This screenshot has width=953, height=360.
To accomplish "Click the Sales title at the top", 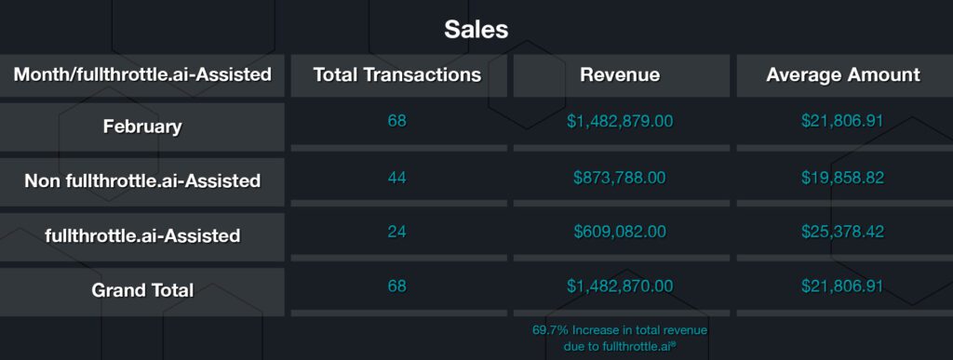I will coord(476,29).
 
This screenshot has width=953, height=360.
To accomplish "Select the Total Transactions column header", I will coord(397,74).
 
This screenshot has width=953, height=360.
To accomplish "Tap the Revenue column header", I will coord(619,74).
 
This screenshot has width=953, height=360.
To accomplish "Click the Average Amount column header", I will coord(842,74).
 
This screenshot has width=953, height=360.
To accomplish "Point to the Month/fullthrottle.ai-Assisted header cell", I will coord(142,74).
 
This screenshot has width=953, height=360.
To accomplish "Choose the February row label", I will coord(142,127).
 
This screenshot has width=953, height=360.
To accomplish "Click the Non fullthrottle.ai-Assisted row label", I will coord(142,180).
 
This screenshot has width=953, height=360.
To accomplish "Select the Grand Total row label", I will coord(142,289).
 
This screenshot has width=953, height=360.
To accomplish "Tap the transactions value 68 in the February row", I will coord(397,121).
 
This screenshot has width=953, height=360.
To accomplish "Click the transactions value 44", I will coord(397,177).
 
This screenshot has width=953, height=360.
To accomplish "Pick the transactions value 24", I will coord(397,232).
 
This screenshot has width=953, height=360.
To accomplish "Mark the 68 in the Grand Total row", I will coord(397,286).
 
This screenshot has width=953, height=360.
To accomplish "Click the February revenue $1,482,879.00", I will coord(619,121).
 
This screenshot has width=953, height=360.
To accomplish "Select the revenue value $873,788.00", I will coord(619,177).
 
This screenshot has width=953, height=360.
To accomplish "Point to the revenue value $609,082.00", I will coord(619,232).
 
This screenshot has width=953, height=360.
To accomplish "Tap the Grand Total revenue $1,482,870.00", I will coord(619,286).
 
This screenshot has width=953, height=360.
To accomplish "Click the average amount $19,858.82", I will coord(842,177).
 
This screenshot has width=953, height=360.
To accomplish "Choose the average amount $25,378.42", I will coord(842,232).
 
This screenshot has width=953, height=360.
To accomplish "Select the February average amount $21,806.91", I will coord(842,121).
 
